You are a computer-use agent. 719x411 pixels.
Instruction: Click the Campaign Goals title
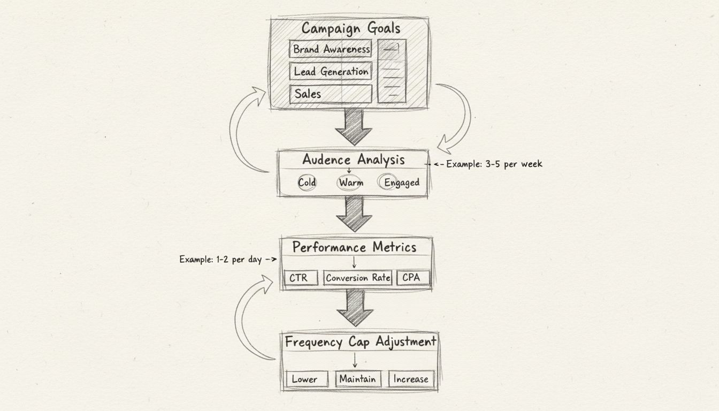350,28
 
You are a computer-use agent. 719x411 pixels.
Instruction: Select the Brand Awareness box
331,49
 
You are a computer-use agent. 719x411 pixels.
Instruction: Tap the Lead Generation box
331,71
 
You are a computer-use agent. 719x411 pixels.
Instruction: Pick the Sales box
331,94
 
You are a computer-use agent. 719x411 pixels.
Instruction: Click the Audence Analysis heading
353,159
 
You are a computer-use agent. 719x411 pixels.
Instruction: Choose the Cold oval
307,182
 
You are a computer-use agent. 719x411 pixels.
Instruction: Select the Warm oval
350,182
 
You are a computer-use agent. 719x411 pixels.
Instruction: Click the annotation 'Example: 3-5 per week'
494,164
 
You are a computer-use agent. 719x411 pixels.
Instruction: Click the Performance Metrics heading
354,247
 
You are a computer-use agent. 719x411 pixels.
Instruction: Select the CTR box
301,278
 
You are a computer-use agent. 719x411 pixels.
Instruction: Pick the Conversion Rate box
357,278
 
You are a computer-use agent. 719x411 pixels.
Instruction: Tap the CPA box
411,278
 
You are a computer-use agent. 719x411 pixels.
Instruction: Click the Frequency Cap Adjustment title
361,341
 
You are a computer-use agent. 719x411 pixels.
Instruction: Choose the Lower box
304,379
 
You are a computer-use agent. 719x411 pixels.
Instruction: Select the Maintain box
357,379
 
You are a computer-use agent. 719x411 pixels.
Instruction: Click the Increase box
411,379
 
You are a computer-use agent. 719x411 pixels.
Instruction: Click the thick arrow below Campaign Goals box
354,127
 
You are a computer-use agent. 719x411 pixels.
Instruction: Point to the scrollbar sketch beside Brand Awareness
392,71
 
